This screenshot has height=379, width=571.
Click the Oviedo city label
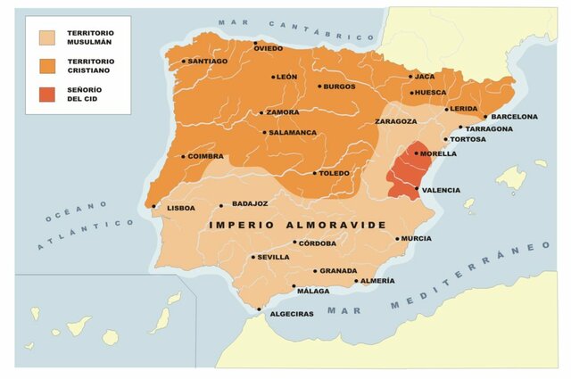(x=269, y=48)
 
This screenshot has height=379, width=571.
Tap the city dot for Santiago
(x=184, y=62)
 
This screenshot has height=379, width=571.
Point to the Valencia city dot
(x=418, y=189)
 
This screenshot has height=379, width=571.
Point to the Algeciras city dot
(x=260, y=310)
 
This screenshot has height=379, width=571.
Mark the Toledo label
(x=335, y=173)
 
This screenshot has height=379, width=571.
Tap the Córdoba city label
(x=318, y=243)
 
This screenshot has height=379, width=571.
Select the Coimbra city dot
(x=184, y=157)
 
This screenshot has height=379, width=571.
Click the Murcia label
(x=417, y=239)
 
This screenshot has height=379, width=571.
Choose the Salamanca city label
(x=294, y=133)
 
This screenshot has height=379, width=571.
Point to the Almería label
(x=377, y=281)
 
